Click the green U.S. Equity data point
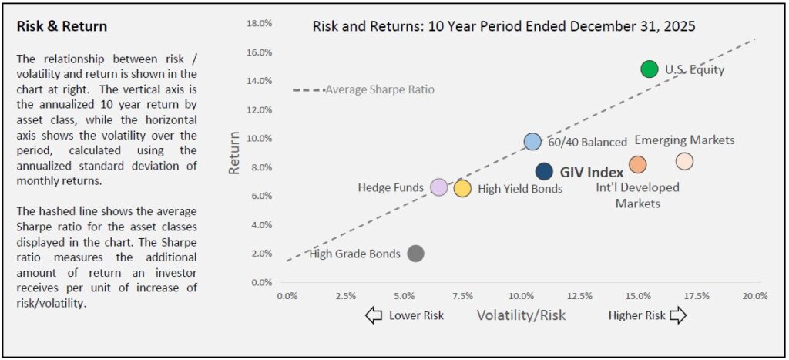click(650, 69)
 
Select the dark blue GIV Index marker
click(544, 171)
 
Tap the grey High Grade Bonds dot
click(415, 254)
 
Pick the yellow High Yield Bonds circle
click(462, 188)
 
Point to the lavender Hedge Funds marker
click(438, 187)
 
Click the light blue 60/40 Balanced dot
click(532, 141)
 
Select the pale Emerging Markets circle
click(684, 161)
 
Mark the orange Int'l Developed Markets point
click(637, 164)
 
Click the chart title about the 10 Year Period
click(504, 26)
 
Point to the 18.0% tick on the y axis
click(259, 23)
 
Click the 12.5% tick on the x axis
click(579, 296)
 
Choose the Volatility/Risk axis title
click(521, 315)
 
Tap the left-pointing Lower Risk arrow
click(374, 315)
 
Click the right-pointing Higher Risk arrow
click(678, 315)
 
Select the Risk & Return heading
click(62, 26)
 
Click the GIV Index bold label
click(592, 172)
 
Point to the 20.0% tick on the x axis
click(754, 296)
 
